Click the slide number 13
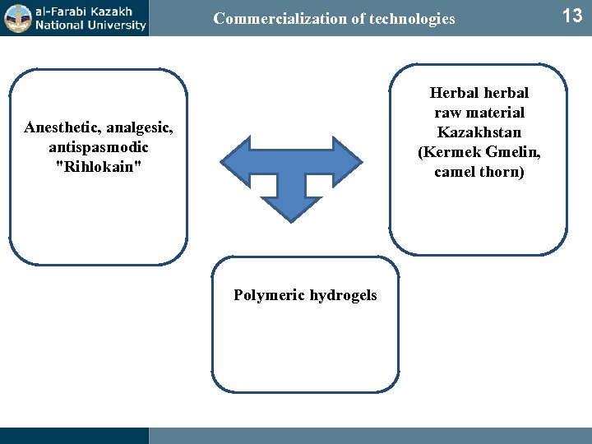point(571,16)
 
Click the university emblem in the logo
point(16,17)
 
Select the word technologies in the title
point(412,18)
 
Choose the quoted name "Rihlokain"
point(98,167)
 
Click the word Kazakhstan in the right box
point(479,132)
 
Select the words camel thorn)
point(479,172)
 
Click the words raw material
point(479,113)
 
